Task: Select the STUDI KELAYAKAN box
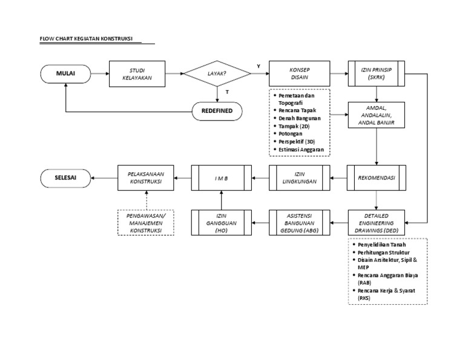tap(137, 73)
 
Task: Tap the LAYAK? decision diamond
tap(217, 73)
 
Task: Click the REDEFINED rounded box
tap(217, 111)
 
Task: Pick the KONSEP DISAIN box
tap(299, 73)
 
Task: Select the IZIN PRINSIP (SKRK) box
tap(377, 73)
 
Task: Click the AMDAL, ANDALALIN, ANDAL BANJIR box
tap(377, 114)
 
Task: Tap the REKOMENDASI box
tap(377, 178)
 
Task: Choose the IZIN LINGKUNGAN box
tap(299, 178)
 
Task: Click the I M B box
tap(220, 178)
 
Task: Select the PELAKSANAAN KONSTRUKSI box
tap(146, 178)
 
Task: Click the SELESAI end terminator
tap(65, 178)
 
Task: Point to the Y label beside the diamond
tap(259, 65)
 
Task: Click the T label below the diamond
tap(226, 92)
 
